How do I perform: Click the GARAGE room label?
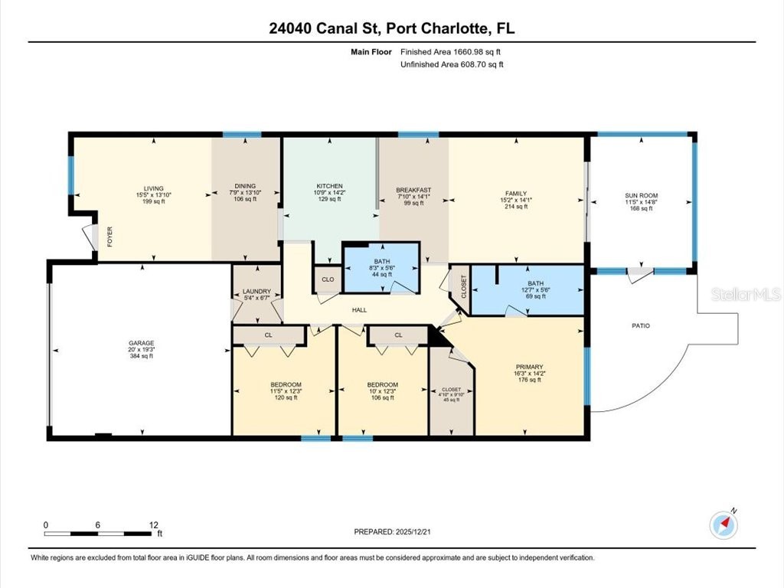tap(141, 343)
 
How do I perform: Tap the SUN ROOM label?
tap(641, 196)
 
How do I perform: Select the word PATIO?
tap(640, 326)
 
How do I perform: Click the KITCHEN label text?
tap(329, 186)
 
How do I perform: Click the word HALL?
tap(359, 310)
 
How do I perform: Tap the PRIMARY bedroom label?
tap(529, 366)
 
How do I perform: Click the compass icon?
tap(723, 524)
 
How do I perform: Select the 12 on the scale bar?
tap(154, 525)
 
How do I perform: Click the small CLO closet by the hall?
tap(328, 279)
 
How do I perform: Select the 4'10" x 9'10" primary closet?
tap(451, 394)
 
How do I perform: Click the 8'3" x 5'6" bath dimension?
tap(382, 268)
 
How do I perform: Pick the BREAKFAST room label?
tap(413, 190)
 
